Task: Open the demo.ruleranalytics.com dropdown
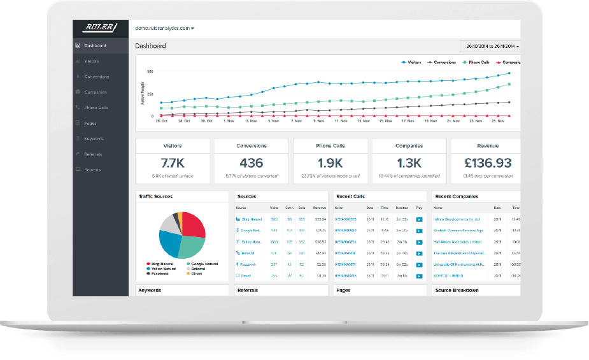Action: pyautogui.click(x=164, y=28)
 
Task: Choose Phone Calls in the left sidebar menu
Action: pyautogui.click(x=96, y=108)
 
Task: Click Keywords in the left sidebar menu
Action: pyautogui.click(x=94, y=139)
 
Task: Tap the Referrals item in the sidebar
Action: pyautogui.click(x=93, y=154)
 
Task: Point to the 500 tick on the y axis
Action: pyautogui.click(x=150, y=72)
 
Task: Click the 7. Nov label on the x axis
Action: pyautogui.click(x=297, y=120)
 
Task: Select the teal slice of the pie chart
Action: pyautogui.click(x=190, y=246)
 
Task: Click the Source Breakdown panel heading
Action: pyautogui.click(x=457, y=290)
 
